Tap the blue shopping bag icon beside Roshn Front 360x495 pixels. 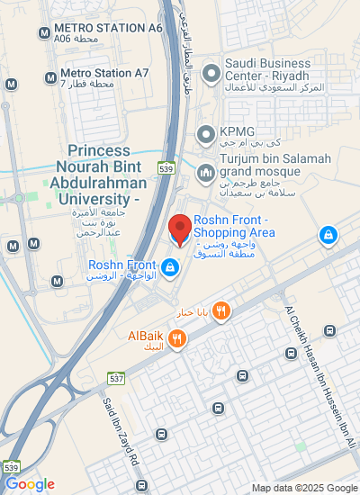169,267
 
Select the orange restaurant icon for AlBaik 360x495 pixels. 177,338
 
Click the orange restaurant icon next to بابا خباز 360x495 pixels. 221,311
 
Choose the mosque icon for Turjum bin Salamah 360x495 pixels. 205,171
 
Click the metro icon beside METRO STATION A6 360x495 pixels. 44,33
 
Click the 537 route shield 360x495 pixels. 116,378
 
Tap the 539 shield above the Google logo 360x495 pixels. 11,468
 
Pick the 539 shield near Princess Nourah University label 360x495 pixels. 165,167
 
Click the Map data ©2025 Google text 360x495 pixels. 304,488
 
